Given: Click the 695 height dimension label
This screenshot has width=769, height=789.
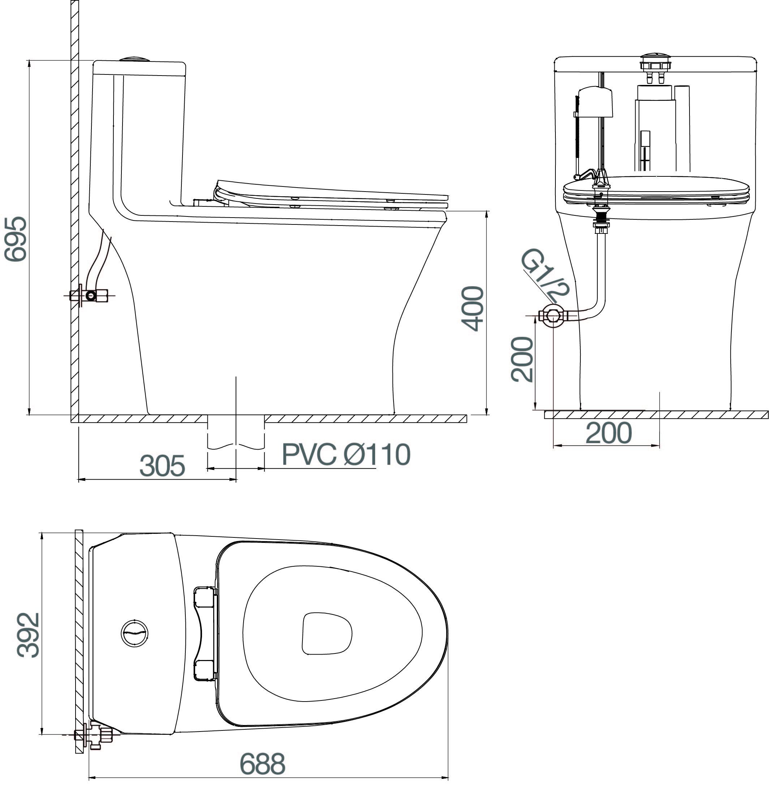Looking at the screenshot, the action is pyautogui.click(x=15, y=239).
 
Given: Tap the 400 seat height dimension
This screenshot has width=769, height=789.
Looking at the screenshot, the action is pyautogui.click(x=473, y=309).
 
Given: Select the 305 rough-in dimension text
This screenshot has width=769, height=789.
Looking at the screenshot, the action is pyautogui.click(x=162, y=466).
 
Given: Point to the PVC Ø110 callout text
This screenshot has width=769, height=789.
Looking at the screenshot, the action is pyautogui.click(x=346, y=454).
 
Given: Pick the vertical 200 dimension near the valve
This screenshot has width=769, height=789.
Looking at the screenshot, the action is pyautogui.click(x=522, y=360).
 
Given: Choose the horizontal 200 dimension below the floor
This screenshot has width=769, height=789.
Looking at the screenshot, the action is pyautogui.click(x=608, y=433).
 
